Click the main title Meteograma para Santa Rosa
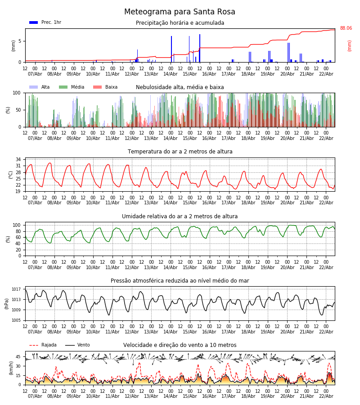pyautogui.click(x=180, y=12)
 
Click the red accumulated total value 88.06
pyautogui.click(x=346, y=28)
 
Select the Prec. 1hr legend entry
pyautogui.click(x=45, y=22)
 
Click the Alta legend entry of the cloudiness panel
pyautogui.click(x=40, y=87)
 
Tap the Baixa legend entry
pyautogui.click(x=106, y=87)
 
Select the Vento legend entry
pyautogui.click(x=78, y=345)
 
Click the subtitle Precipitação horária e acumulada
pyautogui.click(x=180, y=23)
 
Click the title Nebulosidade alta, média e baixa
pyautogui.click(x=180, y=87)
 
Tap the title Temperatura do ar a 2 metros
pyautogui.click(x=180, y=152)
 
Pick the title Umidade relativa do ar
pyautogui.click(x=180, y=216)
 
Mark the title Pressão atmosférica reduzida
pyautogui.click(x=180, y=281)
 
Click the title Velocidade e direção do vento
pyautogui.click(x=180, y=345)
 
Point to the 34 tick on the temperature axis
pyautogui.click(x=18, y=160)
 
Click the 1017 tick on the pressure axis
pyautogui.click(x=16, y=289)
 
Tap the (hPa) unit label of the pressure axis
pyautogui.click(x=7, y=303)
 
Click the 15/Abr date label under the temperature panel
pyautogui.click(x=190, y=203)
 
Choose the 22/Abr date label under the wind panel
pyautogui.click(x=326, y=396)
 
